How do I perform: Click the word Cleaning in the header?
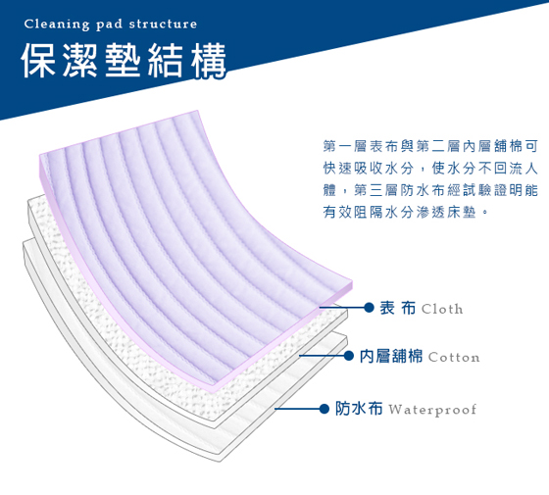(x=57, y=25)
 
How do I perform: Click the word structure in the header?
(x=163, y=24)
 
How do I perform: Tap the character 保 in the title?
(x=38, y=61)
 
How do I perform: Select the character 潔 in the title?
(x=80, y=61)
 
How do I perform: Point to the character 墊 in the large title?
(x=123, y=61)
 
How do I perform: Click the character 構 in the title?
(x=208, y=61)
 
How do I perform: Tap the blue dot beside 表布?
(x=369, y=308)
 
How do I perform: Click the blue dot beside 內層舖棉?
(x=348, y=356)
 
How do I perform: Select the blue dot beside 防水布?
(x=324, y=409)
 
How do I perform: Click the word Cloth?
(x=442, y=309)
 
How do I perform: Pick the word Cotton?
(x=454, y=357)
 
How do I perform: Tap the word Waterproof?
(x=432, y=410)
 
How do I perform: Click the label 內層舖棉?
(x=391, y=356)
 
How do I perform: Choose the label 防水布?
(x=359, y=409)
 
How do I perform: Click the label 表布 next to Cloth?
(x=398, y=308)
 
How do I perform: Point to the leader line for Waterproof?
(x=297, y=409)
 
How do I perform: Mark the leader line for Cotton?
(x=322, y=356)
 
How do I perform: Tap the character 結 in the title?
(x=166, y=61)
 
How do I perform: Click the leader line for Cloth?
(x=342, y=308)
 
